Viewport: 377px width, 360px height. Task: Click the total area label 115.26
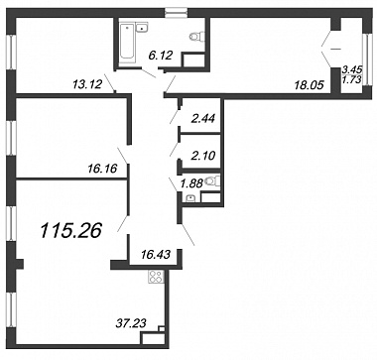[70, 231]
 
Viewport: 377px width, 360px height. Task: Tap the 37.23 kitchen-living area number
[131, 321]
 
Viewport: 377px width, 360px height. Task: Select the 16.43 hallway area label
[155, 255]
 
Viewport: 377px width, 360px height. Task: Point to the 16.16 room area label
[103, 170]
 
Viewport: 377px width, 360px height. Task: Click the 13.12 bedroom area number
[87, 85]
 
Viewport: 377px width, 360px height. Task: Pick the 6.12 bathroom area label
[161, 56]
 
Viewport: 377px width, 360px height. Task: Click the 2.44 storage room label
[203, 118]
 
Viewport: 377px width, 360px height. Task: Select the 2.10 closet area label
[203, 155]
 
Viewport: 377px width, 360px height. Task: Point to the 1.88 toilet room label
[191, 183]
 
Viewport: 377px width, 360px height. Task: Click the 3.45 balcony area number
[352, 69]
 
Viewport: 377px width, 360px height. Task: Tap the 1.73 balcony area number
[352, 79]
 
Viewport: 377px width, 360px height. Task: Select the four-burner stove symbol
[156, 277]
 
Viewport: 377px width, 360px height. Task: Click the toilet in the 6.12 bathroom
[197, 36]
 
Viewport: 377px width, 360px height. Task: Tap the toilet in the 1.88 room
[212, 181]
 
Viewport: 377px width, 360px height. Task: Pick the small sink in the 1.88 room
[190, 198]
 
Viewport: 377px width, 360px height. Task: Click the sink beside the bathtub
[142, 28]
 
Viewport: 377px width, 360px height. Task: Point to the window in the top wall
[177, 13]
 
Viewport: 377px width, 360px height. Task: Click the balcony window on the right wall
[367, 60]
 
